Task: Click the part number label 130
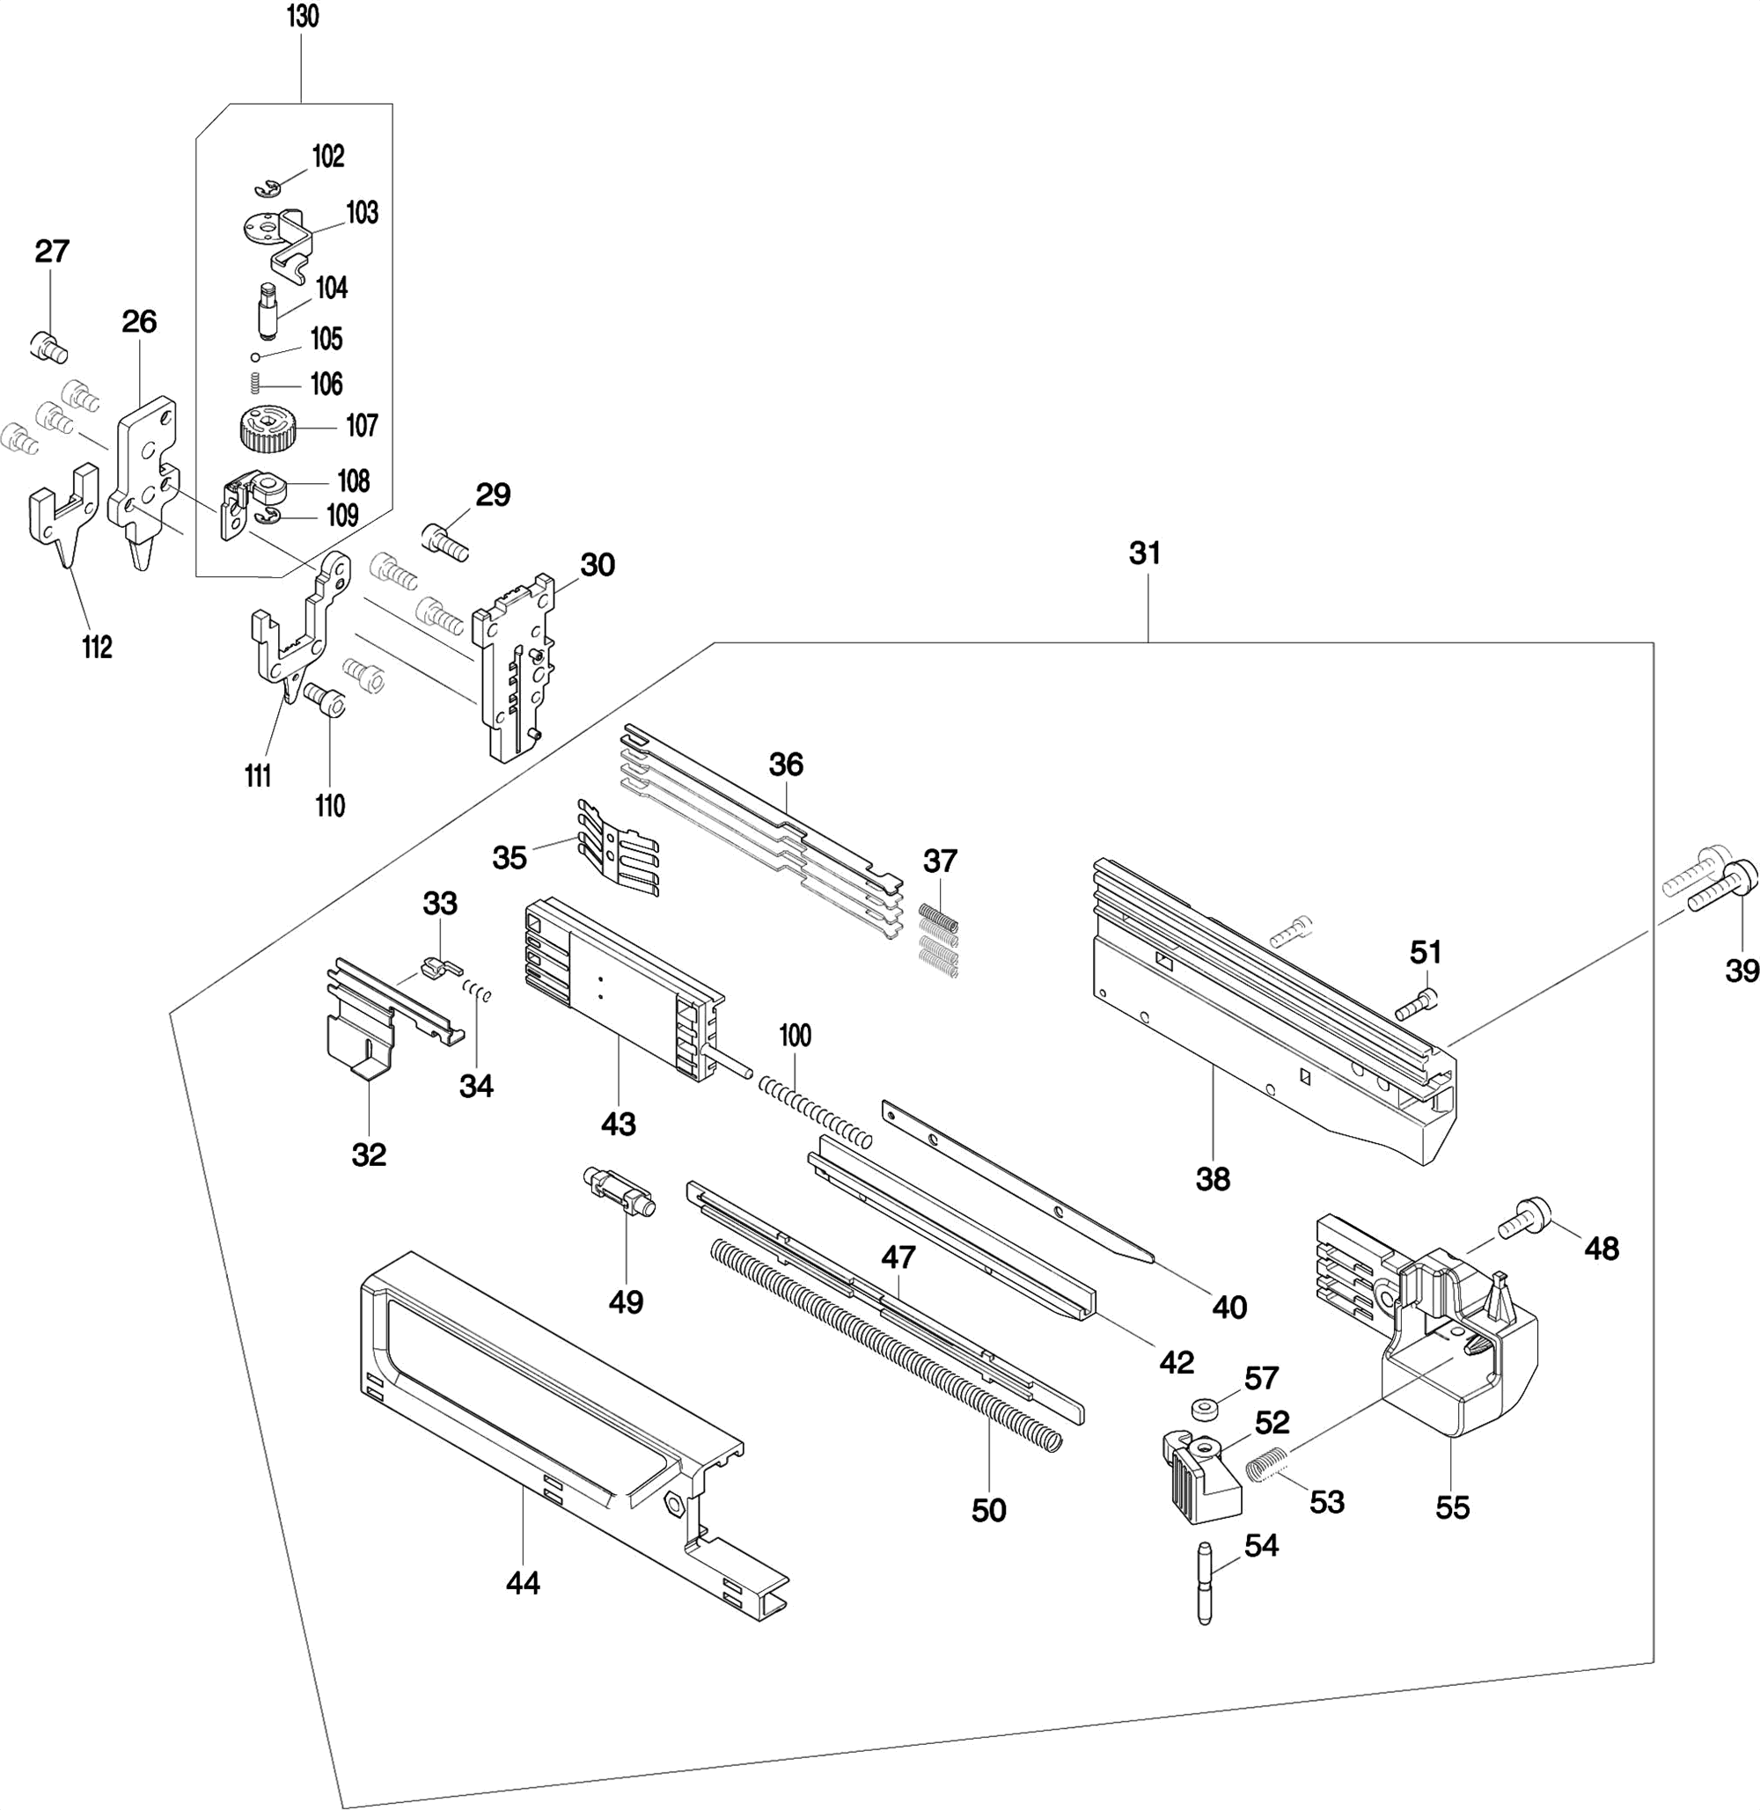(x=302, y=17)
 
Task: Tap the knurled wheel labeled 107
(x=267, y=431)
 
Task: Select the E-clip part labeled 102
(x=268, y=188)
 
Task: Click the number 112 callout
(x=97, y=647)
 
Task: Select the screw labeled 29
(x=444, y=541)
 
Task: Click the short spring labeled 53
(x=1266, y=1465)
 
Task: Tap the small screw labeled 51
(x=1416, y=1006)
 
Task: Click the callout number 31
(x=1144, y=553)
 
